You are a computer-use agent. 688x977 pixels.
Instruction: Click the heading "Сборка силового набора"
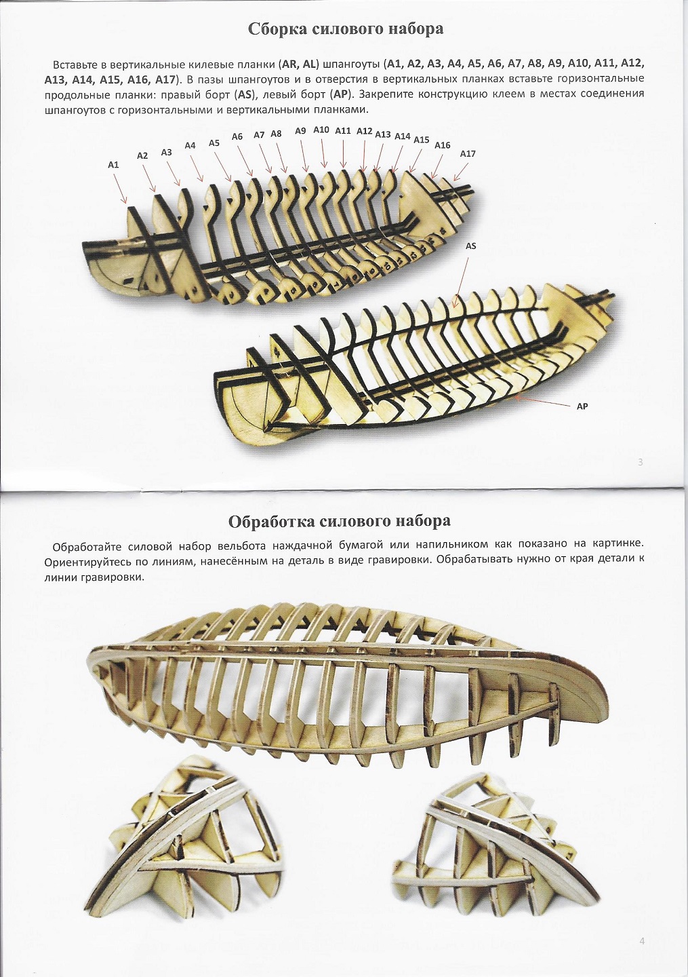click(346, 28)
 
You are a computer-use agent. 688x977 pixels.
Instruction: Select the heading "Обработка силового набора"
click(339, 521)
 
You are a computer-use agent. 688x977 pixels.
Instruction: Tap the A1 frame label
click(113, 165)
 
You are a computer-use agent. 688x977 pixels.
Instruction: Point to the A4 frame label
click(190, 145)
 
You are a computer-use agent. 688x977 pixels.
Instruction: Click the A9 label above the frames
click(301, 131)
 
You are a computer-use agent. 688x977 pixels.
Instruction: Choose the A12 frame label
click(364, 131)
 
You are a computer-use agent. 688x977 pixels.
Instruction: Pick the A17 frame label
click(468, 154)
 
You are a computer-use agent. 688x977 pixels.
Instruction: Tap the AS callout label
click(470, 246)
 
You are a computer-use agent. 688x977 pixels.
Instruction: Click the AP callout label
click(582, 406)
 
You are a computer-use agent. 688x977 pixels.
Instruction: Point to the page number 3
click(641, 463)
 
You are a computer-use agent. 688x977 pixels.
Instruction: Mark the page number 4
click(641, 941)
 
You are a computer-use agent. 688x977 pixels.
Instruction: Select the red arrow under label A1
click(120, 187)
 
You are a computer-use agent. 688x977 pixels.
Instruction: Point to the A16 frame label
click(442, 145)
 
